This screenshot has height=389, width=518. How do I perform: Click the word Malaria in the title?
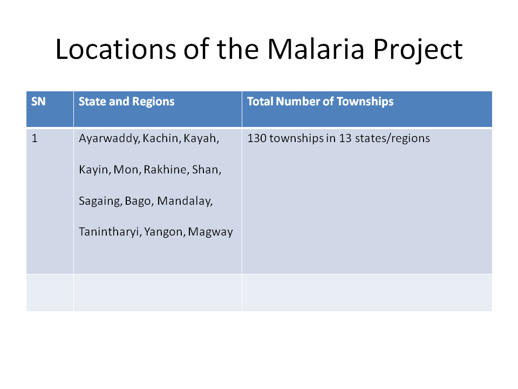click(x=316, y=49)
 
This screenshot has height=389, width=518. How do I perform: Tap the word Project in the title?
click(x=418, y=50)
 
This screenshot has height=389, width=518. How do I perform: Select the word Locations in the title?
click(x=115, y=49)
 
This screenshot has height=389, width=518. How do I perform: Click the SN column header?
click(x=38, y=102)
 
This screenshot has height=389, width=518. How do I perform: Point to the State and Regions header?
click(x=126, y=102)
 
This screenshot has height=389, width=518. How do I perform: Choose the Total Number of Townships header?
click(x=321, y=102)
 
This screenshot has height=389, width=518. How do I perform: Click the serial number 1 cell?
click(x=35, y=138)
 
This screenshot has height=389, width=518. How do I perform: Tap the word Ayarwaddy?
click(x=110, y=139)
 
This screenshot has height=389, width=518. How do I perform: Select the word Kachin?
click(x=162, y=138)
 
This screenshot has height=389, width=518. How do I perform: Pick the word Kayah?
click(x=201, y=138)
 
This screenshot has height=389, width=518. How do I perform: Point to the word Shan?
click(x=207, y=170)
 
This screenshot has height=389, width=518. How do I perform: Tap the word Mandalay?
click(x=185, y=201)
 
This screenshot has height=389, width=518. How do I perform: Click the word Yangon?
click(x=165, y=232)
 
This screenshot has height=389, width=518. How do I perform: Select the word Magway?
click(x=210, y=232)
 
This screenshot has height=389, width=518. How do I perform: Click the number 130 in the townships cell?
click(x=257, y=138)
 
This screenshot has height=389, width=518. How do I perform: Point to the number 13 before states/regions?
click(x=345, y=138)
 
